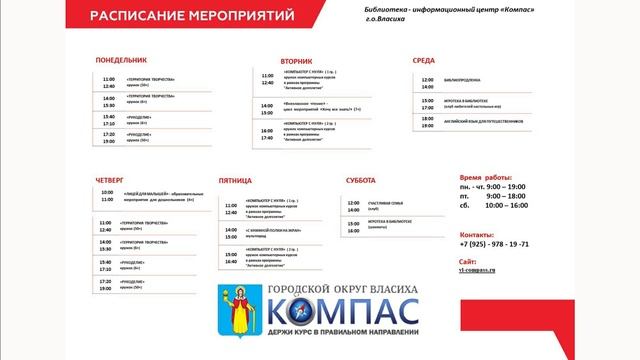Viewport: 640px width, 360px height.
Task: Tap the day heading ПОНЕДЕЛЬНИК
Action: [x=121, y=60]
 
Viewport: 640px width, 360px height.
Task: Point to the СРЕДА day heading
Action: [x=424, y=60]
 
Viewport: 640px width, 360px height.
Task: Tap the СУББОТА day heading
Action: [x=361, y=180]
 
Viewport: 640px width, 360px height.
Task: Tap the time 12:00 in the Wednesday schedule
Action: [x=427, y=79]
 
